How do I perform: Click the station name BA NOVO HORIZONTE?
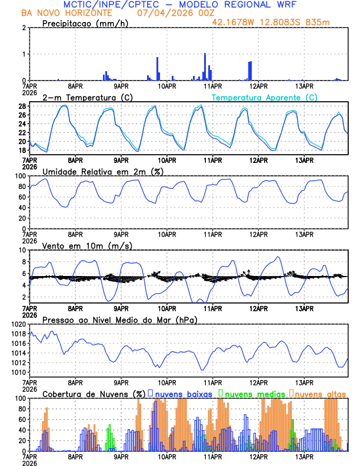65,12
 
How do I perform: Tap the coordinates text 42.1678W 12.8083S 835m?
279,22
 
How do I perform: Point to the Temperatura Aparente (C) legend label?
265,97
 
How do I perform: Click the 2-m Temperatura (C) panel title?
88,97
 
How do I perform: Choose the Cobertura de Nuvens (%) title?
94,394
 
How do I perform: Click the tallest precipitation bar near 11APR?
205,66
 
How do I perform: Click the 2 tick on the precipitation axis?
24,28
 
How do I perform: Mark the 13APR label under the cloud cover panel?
304,456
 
